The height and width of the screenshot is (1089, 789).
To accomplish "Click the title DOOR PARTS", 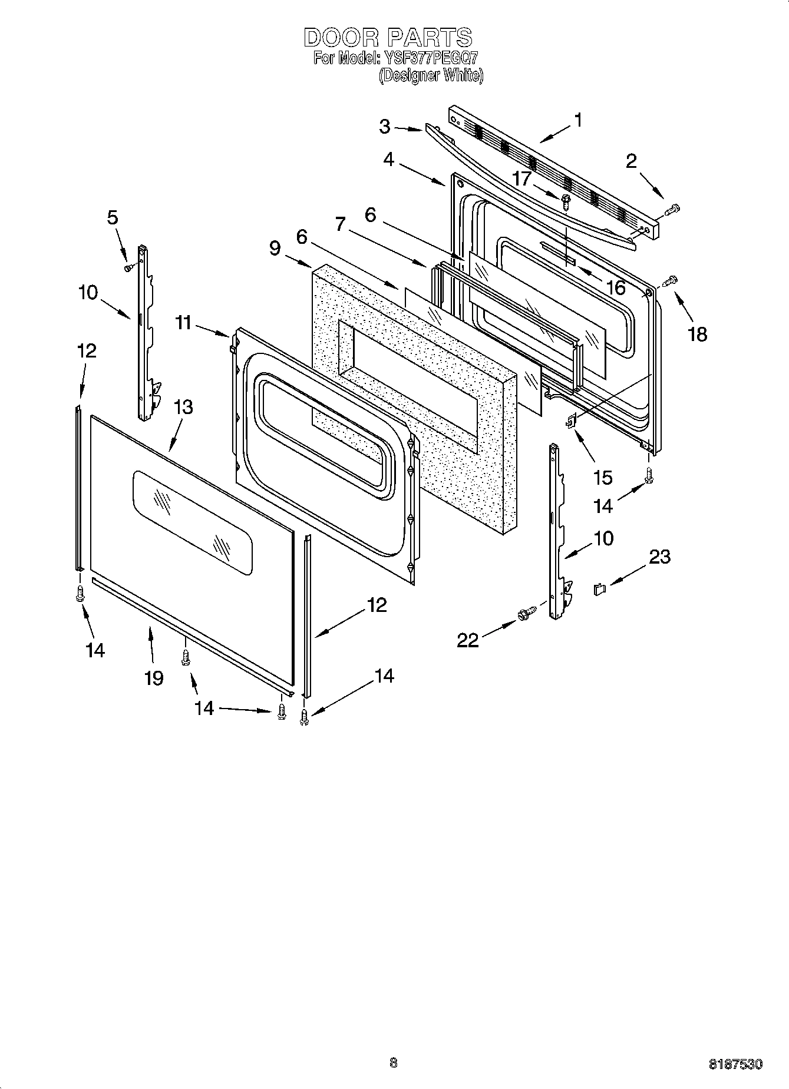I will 388,38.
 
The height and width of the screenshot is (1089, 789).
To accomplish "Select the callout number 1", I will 578,120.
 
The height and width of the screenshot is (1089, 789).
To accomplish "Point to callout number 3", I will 385,126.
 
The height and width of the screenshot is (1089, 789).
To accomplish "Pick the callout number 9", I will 275,248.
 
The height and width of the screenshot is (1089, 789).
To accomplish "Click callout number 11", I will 184,323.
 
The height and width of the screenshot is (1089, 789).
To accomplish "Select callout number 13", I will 183,407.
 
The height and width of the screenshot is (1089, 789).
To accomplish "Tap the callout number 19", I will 154,678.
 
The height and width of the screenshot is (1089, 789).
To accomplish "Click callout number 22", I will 468,640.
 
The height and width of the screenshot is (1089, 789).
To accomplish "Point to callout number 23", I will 660,557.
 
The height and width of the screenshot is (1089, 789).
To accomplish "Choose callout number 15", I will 603,477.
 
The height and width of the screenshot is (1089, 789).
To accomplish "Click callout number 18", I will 697,335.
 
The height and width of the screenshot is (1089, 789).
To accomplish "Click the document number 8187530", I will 735,1064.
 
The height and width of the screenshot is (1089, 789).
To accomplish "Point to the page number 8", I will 394,1062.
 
